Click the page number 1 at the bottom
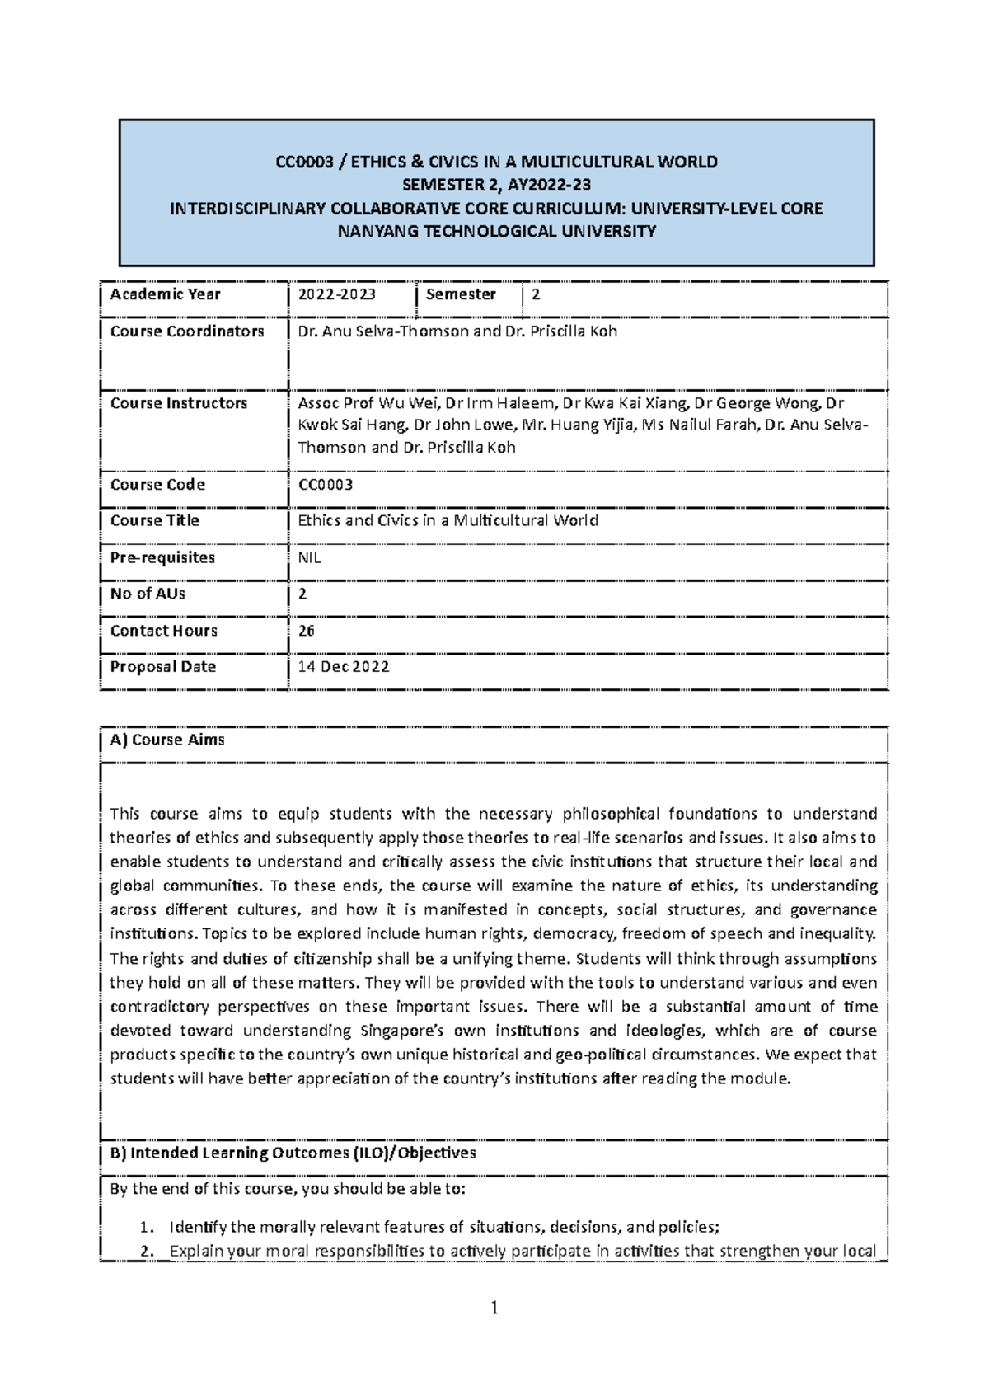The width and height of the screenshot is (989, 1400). (x=494, y=1308)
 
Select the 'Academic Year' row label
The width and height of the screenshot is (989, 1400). (x=165, y=294)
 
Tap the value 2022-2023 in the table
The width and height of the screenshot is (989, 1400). (x=336, y=294)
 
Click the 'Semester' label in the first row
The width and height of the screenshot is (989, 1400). (x=461, y=294)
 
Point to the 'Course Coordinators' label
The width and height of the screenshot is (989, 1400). (x=187, y=331)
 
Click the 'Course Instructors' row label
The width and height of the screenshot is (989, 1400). (x=179, y=403)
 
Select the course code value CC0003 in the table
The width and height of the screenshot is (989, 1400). (x=325, y=485)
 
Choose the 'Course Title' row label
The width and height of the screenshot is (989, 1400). (x=155, y=520)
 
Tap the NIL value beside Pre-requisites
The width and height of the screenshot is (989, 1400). (x=309, y=557)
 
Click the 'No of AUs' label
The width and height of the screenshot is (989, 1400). (x=148, y=594)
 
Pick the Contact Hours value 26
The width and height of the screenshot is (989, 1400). (x=306, y=631)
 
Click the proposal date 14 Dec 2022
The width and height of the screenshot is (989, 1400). (x=343, y=667)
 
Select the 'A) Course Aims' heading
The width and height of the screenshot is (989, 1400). (x=167, y=740)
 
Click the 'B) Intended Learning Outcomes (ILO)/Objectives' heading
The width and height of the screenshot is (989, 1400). (x=293, y=1153)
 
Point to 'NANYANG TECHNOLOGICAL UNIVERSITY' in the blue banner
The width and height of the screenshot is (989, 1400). (x=497, y=231)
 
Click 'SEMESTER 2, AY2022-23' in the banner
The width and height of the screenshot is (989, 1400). (x=496, y=185)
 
